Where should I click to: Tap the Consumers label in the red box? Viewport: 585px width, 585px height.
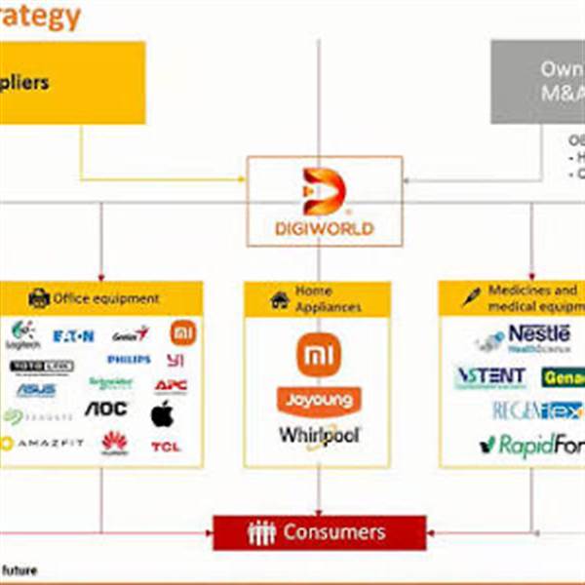click(334, 532)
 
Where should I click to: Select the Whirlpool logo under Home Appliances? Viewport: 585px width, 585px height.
click(320, 435)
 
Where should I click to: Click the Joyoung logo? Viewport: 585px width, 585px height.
click(319, 399)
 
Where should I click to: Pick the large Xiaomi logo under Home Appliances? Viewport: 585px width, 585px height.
click(319, 356)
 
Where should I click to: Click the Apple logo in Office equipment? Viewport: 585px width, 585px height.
click(162, 413)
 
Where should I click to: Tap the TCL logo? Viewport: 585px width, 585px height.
click(165, 447)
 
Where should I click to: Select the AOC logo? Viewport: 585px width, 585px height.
click(106, 409)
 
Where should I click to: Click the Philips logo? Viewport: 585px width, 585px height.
click(129, 360)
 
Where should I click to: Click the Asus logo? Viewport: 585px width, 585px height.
click(36, 390)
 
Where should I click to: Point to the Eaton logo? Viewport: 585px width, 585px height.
click(74, 336)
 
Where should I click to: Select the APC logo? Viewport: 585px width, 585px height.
click(171, 385)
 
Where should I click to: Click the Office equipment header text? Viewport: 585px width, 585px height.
click(106, 298)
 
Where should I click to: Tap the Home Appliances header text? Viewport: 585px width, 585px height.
click(328, 298)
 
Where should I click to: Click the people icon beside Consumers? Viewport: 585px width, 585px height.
click(262, 533)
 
